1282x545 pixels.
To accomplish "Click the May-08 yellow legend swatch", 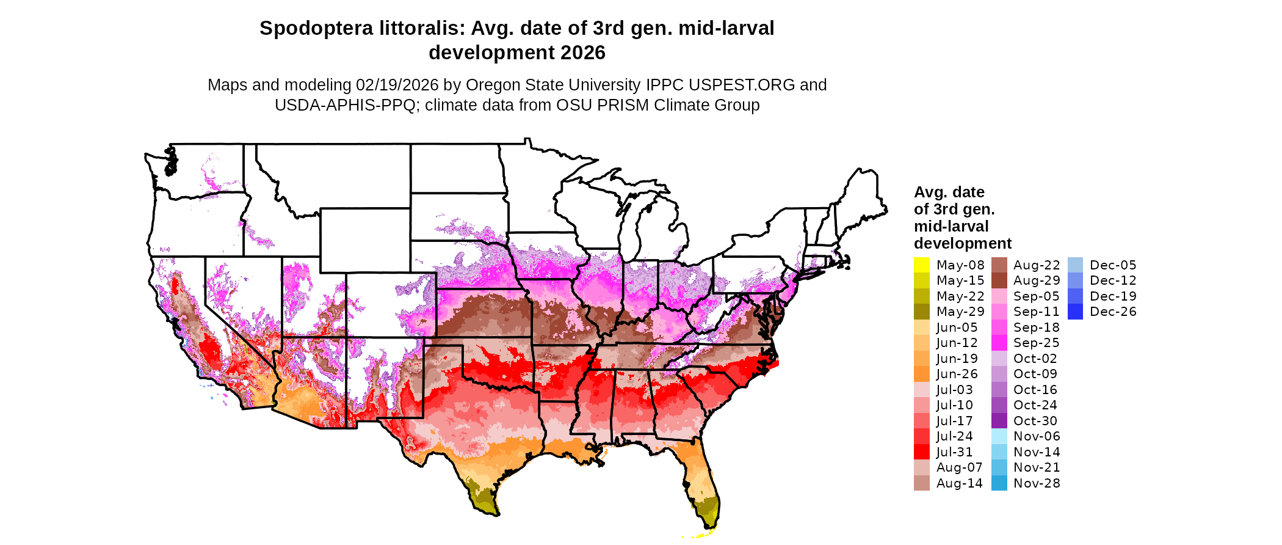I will click(x=921, y=265).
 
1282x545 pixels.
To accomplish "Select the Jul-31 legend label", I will click(x=954, y=452).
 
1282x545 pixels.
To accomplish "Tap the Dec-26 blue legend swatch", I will click(x=1075, y=312).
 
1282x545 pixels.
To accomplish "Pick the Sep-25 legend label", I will click(x=1036, y=343).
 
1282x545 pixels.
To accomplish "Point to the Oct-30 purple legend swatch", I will click(x=999, y=421).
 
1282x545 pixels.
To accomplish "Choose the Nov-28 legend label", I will click(x=1036, y=483).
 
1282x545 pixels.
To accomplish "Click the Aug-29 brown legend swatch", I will click(x=999, y=280).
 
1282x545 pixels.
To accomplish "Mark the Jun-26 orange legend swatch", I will click(x=921, y=374).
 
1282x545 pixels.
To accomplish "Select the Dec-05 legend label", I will click(x=1113, y=265).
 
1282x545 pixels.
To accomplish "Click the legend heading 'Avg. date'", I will click(x=949, y=192).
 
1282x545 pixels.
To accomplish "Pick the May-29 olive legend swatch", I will click(x=921, y=312).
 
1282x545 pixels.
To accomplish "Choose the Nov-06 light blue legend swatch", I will click(x=999, y=436).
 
